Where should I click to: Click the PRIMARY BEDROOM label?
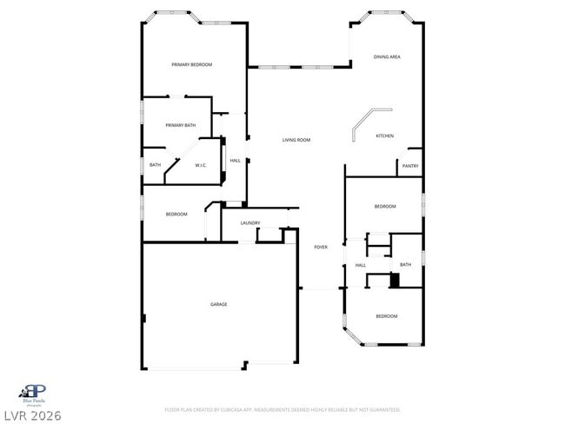pos(191,65)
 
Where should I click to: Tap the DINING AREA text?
pos(387,57)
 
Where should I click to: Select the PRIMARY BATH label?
pos(181,126)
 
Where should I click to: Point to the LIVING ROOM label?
pos(296,140)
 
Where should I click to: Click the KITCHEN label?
pos(384,136)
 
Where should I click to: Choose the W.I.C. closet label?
pos(200,165)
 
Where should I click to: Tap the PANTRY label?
pos(410,165)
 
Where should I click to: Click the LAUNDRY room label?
pos(250,223)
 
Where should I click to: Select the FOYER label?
pos(321,248)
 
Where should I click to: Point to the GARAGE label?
pos(218,304)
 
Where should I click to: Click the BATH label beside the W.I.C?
pos(155,165)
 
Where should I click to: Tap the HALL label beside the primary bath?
pos(235,161)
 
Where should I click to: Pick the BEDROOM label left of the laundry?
pos(176,214)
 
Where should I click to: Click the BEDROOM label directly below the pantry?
pos(385,206)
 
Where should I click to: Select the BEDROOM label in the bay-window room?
pos(386,316)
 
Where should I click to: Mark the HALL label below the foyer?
pos(360,265)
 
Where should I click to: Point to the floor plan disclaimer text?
pos(282,409)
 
